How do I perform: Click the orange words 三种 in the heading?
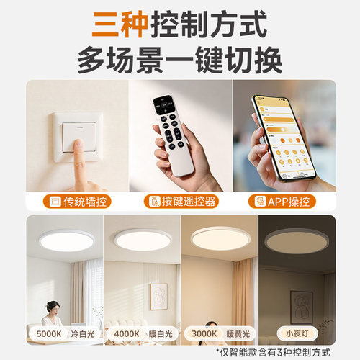[121, 24]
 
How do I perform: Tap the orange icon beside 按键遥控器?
[153, 201]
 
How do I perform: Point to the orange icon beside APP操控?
[263, 201]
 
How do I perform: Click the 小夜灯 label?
[297, 335]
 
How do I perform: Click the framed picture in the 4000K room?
[158, 294]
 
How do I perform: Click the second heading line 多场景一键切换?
[180, 58]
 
